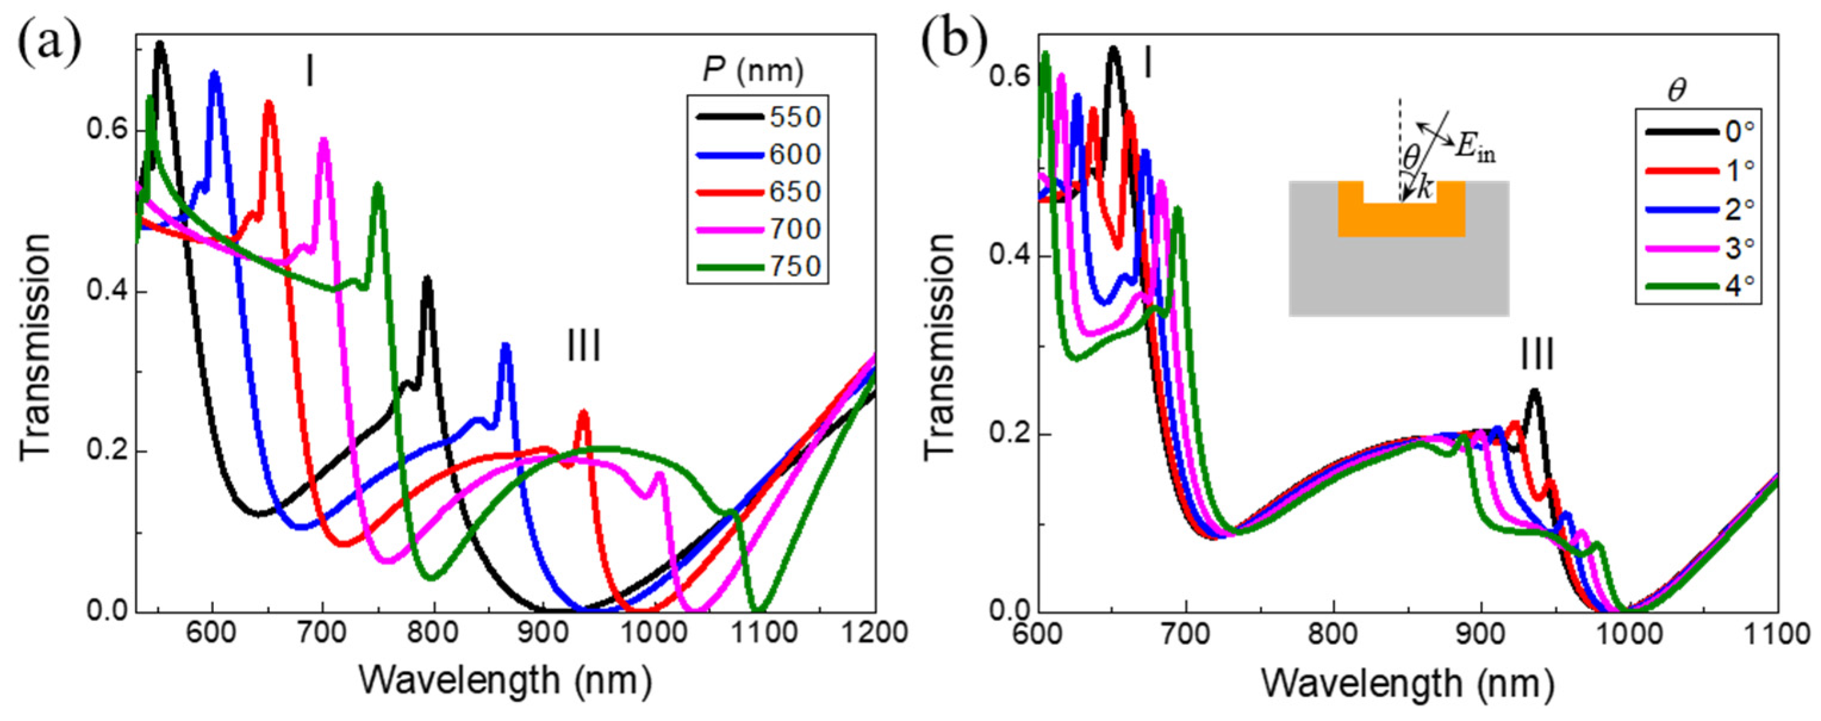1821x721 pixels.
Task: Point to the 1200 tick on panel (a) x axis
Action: tap(874, 631)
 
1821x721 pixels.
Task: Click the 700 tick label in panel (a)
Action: tap(323, 631)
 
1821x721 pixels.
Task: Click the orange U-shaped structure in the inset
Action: tap(1401, 222)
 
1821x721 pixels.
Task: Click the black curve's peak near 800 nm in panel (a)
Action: tap(427, 280)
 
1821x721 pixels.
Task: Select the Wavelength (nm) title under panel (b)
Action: tap(1407, 684)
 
